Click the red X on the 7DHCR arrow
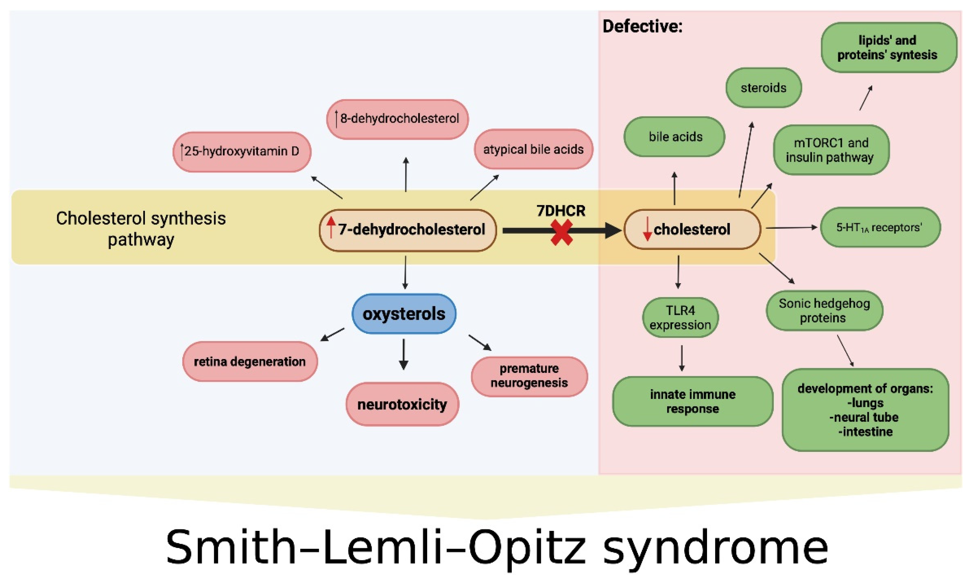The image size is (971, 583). (562, 233)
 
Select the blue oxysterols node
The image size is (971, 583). (403, 314)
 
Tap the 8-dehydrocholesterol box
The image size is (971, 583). (397, 119)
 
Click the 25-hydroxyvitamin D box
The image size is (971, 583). (242, 152)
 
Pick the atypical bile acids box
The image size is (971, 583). (533, 149)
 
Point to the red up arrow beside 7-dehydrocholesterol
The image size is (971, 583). (331, 227)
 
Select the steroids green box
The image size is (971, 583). (763, 88)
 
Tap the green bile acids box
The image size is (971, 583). (675, 137)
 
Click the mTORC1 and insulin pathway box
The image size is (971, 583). (831, 150)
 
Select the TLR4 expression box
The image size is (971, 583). (680, 317)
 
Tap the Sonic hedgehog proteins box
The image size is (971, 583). (824, 310)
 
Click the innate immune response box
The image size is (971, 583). (693, 401)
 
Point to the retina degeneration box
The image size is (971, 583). (250, 361)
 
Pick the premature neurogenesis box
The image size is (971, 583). (529, 376)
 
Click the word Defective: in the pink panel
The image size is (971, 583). (642, 27)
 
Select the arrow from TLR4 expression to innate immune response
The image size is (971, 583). (682, 358)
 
